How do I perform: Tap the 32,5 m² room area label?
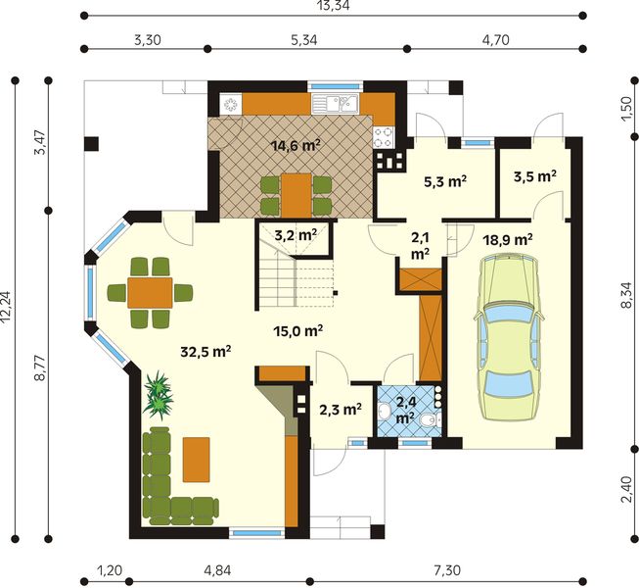[x=205, y=351]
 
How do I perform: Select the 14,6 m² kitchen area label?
[x=296, y=145]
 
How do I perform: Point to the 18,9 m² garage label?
[x=507, y=238]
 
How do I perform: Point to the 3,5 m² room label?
[x=534, y=177]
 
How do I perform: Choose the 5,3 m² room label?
[x=443, y=181]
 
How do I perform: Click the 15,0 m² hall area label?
[x=298, y=331]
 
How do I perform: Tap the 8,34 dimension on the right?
[x=627, y=292]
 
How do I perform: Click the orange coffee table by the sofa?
[x=196, y=459]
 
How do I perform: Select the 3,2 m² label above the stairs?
[x=295, y=235]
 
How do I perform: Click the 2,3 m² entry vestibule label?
[x=340, y=410]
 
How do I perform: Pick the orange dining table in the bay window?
[x=151, y=291]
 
